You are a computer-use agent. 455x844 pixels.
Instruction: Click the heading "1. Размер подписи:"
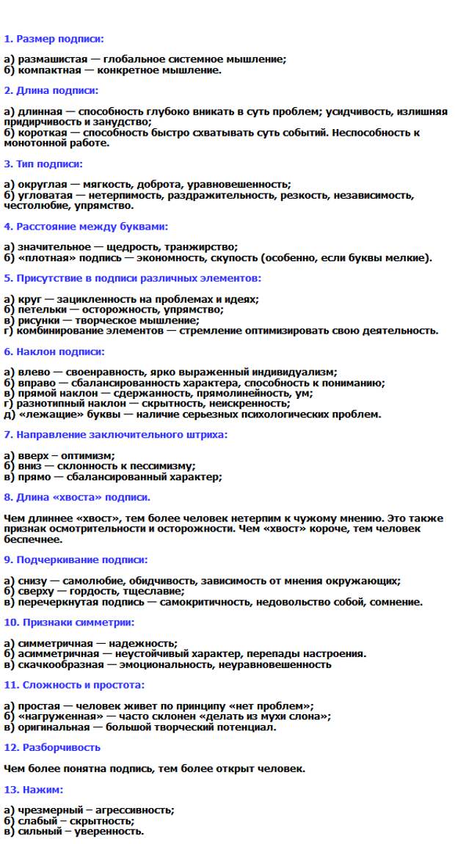54,39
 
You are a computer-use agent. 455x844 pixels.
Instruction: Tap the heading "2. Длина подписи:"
51,91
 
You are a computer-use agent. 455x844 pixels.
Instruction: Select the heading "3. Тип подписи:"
43,164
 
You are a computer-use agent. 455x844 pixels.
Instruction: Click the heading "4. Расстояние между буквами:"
86,227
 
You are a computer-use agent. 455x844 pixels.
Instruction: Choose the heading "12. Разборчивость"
52,748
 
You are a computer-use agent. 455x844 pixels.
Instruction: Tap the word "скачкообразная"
57,664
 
